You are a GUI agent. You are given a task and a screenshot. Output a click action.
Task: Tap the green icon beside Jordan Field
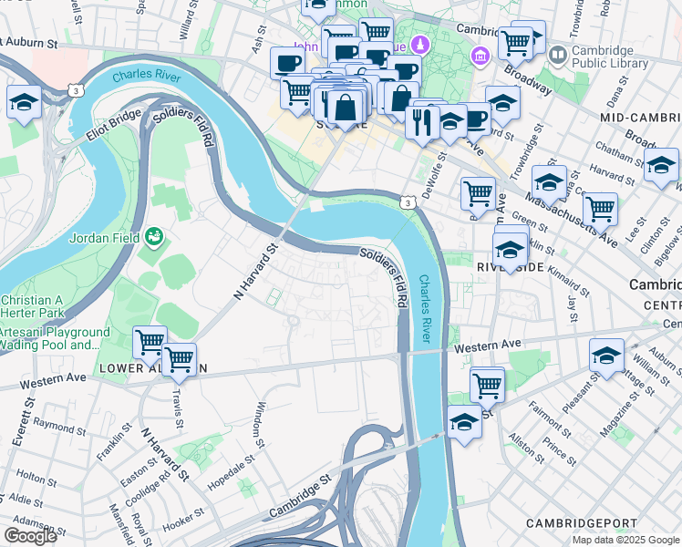[x=154, y=237]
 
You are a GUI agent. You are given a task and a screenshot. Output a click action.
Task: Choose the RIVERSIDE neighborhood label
[x=511, y=267]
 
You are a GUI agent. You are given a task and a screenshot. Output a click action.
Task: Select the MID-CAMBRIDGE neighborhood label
[x=641, y=119]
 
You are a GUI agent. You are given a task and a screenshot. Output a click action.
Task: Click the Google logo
[x=30, y=536]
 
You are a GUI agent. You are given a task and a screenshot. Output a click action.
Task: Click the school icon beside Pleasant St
[x=606, y=356]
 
